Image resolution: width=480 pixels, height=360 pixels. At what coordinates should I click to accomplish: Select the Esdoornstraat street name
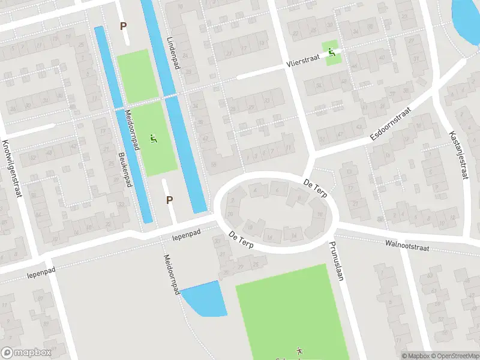(391, 124)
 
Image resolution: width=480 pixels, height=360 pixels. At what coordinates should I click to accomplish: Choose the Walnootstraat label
(409, 244)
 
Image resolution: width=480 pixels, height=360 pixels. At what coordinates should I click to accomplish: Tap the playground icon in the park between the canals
(154, 138)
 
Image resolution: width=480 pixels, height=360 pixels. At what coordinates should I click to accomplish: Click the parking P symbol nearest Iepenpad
(169, 200)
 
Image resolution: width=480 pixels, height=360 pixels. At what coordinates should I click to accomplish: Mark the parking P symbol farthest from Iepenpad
(124, 26)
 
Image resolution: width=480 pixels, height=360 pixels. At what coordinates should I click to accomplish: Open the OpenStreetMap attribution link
(455, 356)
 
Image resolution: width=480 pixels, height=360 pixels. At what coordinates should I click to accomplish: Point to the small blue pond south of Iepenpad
(206, 299)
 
